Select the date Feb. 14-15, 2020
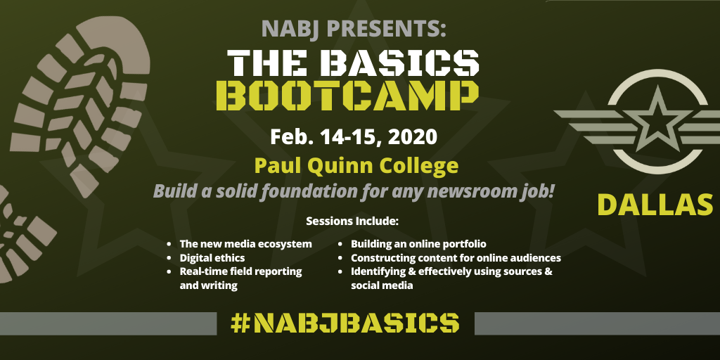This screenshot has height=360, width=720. click(x=354, y=137)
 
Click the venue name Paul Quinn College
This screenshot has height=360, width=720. click(x=356, y=166)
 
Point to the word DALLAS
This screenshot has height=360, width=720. click(x=655, y=205)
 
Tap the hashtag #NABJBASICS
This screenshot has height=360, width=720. click(x=345, y=323)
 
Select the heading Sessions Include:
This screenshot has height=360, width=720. click(x=352, y=221)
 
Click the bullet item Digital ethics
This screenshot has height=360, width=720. click(x=212, y=257)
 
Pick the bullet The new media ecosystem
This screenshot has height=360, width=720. click(x=245, y=244)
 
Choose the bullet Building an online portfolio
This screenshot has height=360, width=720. click(x=418, y=244)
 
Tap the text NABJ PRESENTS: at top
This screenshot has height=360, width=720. click(x=354, y=28)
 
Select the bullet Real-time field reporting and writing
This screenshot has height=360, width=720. click(x=240, y=278)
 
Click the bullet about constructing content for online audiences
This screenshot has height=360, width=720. click(x=456, y=258)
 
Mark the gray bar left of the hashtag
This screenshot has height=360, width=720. click(x=108, y=323)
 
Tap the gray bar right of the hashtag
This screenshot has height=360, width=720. click(x=597, y=323)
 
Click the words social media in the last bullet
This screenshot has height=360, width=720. click(x=382, y=285)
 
